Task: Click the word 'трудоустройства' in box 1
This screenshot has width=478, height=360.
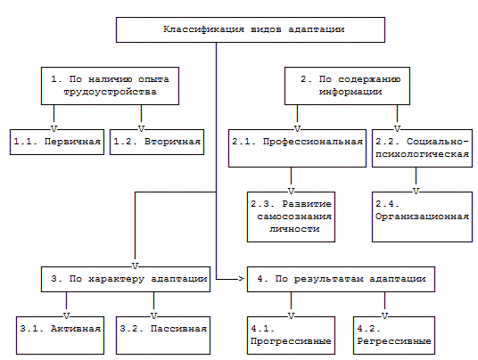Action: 110,92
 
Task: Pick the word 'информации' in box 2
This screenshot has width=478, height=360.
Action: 350,92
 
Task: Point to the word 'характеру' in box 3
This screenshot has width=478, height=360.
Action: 116,279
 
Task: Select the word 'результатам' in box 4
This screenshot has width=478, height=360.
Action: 328,279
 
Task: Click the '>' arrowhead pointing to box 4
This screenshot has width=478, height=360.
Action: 241,279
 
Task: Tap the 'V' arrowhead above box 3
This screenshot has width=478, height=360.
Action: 135,266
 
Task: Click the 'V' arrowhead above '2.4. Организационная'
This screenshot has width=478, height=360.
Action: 416,191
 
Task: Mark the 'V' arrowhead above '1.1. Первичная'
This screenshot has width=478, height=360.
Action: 54,129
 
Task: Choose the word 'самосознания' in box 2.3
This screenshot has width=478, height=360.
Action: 294,217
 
